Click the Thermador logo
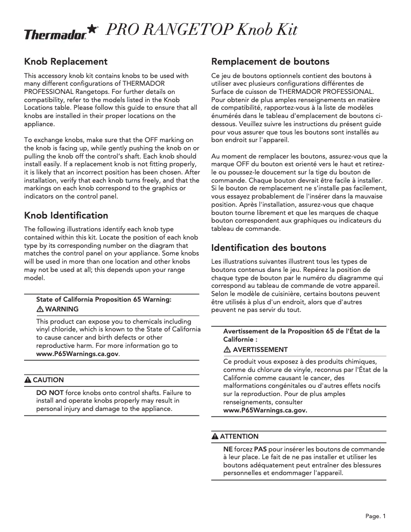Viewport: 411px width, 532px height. [55, 35]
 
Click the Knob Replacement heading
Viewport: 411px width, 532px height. [66, 62]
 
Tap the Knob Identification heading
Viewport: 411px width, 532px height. [66, 215]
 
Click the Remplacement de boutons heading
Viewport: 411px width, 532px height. [270, 62]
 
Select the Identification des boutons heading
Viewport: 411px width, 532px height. [269, 248]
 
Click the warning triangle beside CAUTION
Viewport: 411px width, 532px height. [28, 380]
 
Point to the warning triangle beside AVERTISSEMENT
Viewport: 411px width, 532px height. [227, 350]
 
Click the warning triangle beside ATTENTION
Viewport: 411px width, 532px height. [215, 437]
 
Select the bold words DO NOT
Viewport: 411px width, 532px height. [50, 392]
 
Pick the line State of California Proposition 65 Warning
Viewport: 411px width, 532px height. [104, 299]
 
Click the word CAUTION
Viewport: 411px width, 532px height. [48, 380]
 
